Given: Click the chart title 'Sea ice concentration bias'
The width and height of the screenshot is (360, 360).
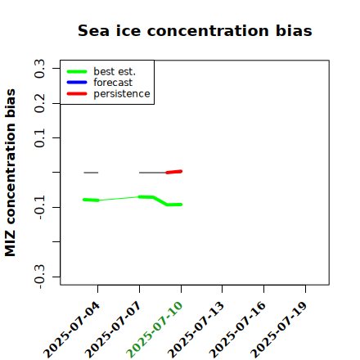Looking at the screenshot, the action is pos(195,30).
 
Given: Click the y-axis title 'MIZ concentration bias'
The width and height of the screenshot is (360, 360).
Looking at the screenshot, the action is pos(11,173).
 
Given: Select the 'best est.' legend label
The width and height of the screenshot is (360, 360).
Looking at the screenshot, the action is pos(115,71).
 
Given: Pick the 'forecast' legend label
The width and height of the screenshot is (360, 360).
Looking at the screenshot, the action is pos(113,83).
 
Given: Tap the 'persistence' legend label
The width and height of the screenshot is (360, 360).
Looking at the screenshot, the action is pos(122,94).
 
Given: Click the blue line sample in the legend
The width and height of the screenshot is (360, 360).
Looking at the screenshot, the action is pos(77,83).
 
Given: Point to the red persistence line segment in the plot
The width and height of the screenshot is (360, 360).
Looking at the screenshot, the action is pos(174,172).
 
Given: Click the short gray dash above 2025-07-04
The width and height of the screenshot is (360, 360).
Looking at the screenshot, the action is pos(91,173).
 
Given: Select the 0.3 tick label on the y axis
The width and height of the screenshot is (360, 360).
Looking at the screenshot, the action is pos(39,69).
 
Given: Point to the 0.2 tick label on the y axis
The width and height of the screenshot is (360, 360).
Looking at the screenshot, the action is pos(39,103).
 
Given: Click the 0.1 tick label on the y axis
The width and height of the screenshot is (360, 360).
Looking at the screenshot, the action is pos(39,138).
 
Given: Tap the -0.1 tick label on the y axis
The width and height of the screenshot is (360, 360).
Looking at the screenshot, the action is pos(39,208).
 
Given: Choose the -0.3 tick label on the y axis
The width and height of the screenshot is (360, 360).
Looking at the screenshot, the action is pos(39,277).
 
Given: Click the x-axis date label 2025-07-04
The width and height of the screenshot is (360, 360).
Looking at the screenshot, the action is pos(71,330).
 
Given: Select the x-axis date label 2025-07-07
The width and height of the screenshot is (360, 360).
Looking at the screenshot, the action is pos(113,330).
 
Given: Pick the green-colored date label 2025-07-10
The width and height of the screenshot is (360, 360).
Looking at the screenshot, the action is pos(155,330).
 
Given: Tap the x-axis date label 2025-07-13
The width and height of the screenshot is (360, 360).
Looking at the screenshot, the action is pos(196,330).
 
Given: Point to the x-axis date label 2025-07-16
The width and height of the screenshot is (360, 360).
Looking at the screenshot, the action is pos(237,330).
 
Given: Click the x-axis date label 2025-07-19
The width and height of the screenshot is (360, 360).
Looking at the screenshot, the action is pos(279,330).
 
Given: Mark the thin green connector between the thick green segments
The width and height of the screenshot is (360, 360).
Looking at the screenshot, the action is pos(119,199).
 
